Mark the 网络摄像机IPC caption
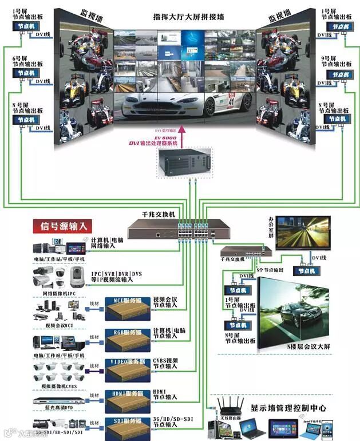tap(58, 293)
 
